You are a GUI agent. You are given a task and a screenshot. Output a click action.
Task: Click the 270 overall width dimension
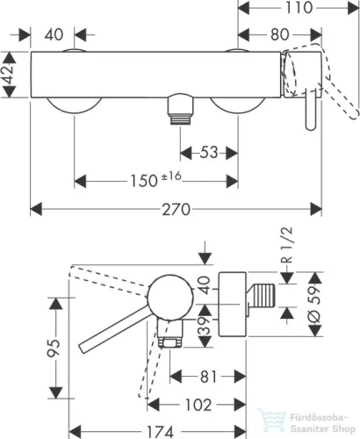click(x=176, y=210)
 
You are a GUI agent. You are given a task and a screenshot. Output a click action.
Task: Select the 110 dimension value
click(x=299, y=8)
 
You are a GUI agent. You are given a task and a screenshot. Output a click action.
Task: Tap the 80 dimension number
click(x=280, y=34)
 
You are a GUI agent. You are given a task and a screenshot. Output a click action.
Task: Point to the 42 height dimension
click(x=9, y=75)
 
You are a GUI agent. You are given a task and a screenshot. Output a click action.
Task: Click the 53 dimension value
click(x=209, y=153)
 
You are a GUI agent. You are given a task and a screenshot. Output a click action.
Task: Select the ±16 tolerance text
click(x=171, y=176)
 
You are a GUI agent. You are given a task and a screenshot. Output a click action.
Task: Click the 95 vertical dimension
click(x=54, y=348)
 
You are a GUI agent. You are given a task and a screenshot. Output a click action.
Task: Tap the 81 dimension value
click(x=208, y=377)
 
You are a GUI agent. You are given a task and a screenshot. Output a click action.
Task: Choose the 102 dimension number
click(x=198, y=405)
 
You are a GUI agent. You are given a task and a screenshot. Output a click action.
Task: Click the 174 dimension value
click(x=160, y=432)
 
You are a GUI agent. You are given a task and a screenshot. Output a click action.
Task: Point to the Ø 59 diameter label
click(x=314, y=305)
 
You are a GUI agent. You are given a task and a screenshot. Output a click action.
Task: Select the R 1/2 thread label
click(x=287, y=245)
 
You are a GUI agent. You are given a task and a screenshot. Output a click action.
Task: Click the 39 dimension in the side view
click(x=205, y=326)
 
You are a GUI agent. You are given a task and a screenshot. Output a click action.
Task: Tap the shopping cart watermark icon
click(x=271, y=421)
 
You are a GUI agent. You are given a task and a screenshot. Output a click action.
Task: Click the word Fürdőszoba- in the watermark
click(x=319, y=417)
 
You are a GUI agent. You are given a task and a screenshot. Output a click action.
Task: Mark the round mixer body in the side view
click(x=170, y=298)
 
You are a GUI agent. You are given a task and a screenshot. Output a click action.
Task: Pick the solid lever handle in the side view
click(x=114, y=329)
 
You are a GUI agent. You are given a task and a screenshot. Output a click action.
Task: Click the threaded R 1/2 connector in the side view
click(x=261, y=296)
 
